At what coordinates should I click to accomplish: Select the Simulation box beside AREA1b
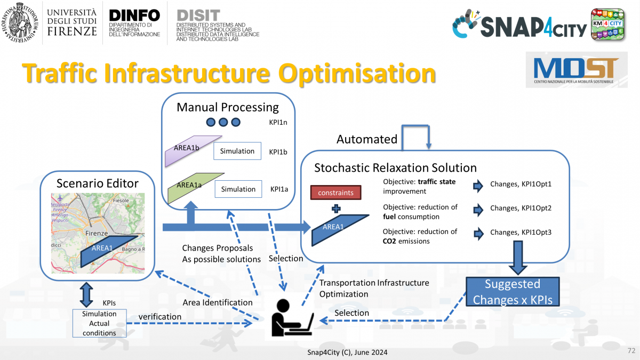(x=237, y=151)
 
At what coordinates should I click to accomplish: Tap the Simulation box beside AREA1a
(x=238, y=189)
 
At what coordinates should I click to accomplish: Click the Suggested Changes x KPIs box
(x=513, y=292)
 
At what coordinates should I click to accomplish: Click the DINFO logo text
(x=134, y=15)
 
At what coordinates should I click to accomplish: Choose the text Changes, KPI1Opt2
(x=521, y=209)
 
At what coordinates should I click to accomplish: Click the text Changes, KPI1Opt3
(x=521, y=232)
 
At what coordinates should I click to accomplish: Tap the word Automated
(x=367, y=139)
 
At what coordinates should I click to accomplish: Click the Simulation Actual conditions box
(x=99, y=323)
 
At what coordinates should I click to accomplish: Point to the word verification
(x=160, y=316)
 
